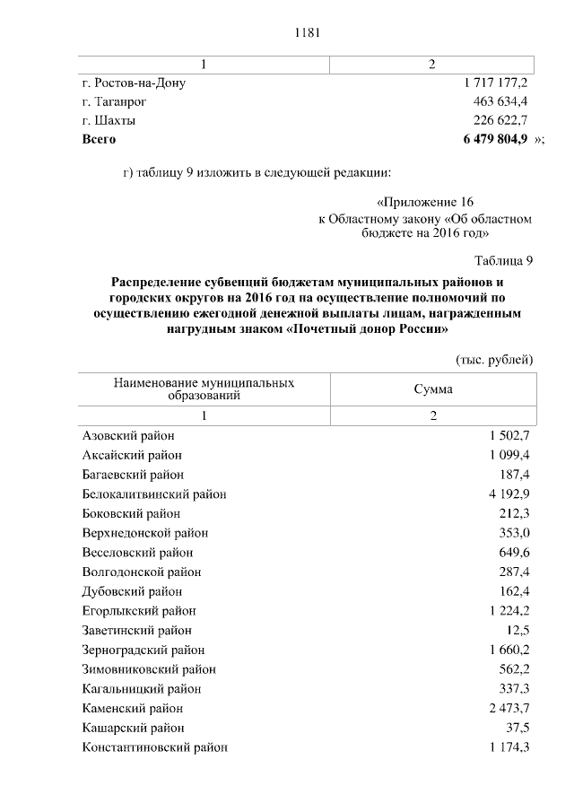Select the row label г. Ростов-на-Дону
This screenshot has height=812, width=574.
coord(133,83)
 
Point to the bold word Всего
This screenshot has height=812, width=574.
coord(99,140)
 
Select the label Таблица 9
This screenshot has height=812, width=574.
coord(504,261)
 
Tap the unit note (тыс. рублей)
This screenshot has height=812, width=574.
coord(495,359)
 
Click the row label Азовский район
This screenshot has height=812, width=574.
coord(127,435)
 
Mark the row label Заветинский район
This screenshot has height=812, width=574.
coord(136,631)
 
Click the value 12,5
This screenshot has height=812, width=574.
coord(518,631)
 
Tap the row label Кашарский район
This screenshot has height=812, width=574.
coord(133,728)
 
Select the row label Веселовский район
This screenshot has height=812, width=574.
coord(136,553)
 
